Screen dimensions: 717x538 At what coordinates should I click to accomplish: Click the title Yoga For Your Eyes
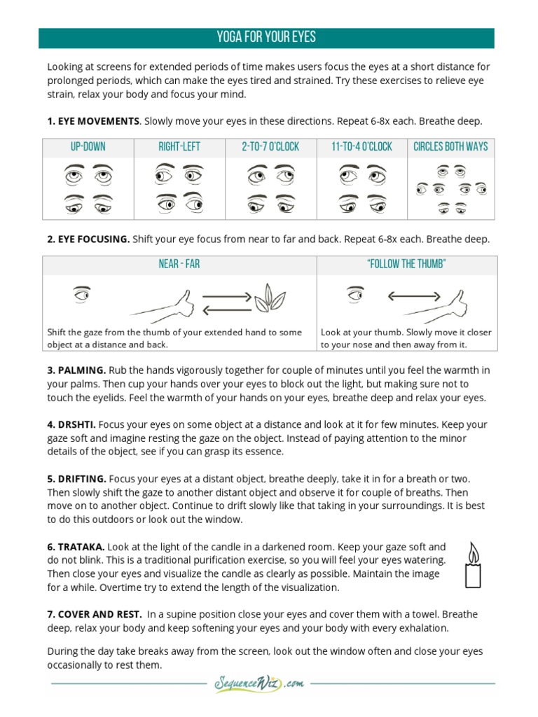266,37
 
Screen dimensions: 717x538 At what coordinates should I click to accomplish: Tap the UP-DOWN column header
88,147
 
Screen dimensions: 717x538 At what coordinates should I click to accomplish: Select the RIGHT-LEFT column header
179,147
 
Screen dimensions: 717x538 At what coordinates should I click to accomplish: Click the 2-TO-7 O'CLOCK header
270,147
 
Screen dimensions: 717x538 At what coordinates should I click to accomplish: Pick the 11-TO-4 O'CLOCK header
361,147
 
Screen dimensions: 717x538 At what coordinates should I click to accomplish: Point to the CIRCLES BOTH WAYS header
450,147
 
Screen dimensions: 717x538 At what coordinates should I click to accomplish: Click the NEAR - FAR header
179,264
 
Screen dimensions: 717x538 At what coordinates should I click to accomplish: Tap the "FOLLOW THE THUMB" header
406,264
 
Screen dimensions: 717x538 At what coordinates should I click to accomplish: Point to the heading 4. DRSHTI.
71,424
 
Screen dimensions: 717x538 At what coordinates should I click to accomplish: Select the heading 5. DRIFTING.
76,479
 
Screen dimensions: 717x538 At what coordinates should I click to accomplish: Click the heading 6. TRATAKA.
76,546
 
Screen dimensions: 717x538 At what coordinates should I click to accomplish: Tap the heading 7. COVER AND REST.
95,614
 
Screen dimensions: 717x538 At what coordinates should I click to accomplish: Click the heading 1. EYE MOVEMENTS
93,121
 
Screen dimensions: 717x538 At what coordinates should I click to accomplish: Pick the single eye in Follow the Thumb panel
357,295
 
